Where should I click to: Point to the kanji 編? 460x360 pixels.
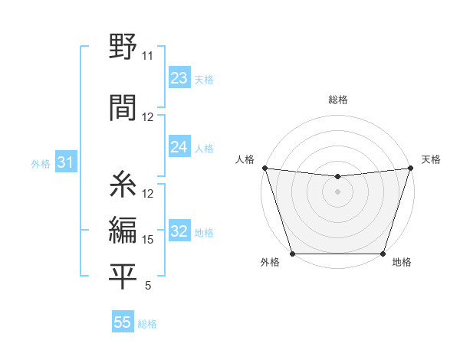123,231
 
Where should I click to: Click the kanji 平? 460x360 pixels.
123,277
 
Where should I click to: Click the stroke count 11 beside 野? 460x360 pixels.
147,56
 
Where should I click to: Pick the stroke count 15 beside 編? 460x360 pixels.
148,240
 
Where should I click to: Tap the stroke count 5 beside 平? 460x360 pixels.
148,286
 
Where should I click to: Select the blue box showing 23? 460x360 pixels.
179,78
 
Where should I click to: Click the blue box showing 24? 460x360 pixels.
179,148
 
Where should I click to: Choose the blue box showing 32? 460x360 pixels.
179,232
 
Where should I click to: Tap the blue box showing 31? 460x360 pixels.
65,163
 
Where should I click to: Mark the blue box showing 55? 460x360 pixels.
123,322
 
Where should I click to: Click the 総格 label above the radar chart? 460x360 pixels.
338,100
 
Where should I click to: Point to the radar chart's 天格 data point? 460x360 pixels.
410,168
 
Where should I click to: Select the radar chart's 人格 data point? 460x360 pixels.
264,168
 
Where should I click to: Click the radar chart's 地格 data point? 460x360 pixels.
383,253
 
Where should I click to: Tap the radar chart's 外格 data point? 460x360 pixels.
292,253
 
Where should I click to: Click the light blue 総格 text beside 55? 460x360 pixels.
147,324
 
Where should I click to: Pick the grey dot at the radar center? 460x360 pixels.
337,191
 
